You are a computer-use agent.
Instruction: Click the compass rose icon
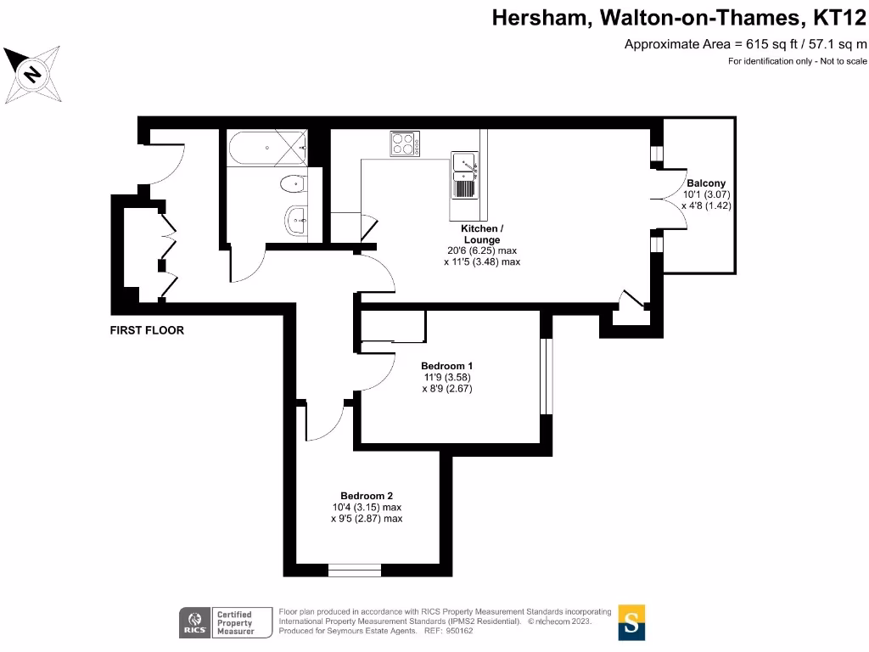click(32, 75)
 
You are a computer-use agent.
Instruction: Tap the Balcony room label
click(706, 183)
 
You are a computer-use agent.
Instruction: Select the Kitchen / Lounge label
click(482, 234)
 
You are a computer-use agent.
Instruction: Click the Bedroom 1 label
click(446, 366)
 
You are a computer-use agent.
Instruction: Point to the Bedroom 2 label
click(367, 496)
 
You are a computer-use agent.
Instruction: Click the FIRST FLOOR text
click(147, 330)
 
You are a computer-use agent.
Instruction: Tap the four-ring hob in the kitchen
click(404, 143)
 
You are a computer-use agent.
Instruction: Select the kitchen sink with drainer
click(463, 175)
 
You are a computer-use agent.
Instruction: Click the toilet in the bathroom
click(291, 182)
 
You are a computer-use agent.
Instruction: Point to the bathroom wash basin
click(297, 220)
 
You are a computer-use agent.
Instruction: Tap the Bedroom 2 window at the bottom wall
click(355, 570)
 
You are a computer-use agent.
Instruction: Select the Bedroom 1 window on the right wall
click(546, 377)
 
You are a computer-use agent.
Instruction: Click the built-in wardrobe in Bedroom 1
click(393, 327)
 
